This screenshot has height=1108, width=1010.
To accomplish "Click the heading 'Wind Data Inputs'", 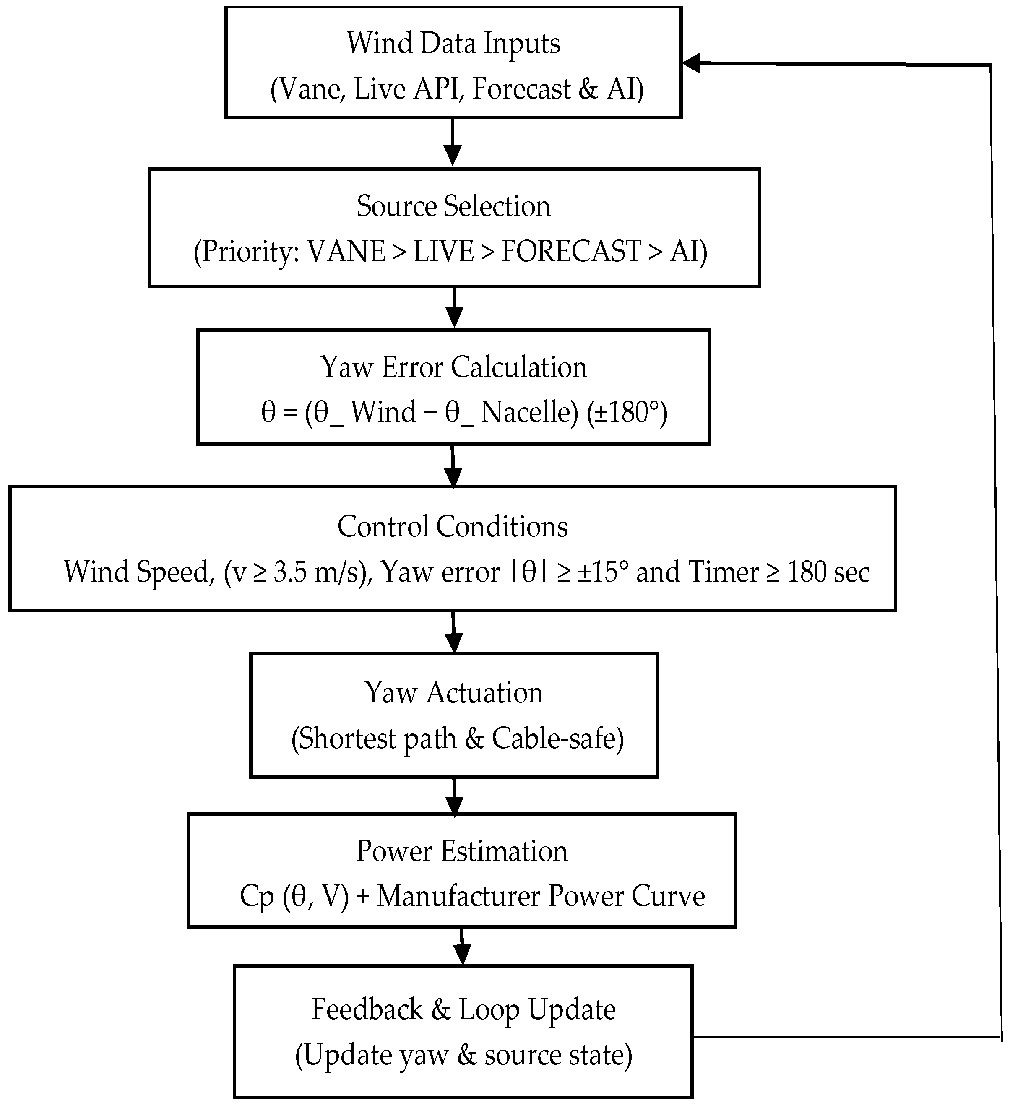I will click(x=453, y=44).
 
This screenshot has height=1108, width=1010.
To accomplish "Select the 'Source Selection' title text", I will click(x=453, y=207).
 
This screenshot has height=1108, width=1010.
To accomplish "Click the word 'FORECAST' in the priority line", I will click(x=571, y=252).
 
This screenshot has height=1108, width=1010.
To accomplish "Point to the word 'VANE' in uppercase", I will click(x=346, y=252).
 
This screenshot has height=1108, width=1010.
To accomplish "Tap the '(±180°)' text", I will click(x=626, y=412).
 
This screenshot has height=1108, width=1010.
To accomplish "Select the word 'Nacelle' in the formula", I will click(x=529, y=412).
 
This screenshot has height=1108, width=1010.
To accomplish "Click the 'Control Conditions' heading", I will click(x=452, y=526).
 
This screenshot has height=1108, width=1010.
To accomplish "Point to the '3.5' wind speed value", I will click(x=288, y=572).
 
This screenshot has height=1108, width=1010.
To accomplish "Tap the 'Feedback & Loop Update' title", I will click(x=463, y=1009).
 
